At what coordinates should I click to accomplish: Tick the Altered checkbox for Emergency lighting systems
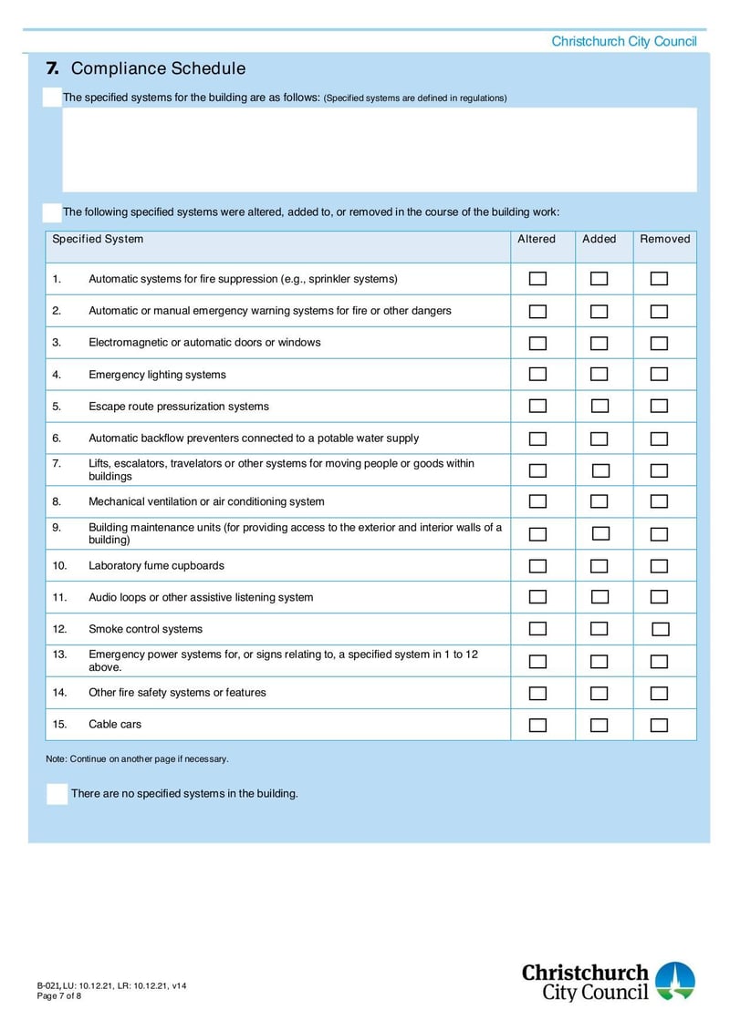pyautogui.click(x=538, y=375)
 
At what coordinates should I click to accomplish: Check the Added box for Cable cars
pyautogui.click(x=599, y=726)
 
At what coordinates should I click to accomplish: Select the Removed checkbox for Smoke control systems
pyautogui.click(x=660, y=630)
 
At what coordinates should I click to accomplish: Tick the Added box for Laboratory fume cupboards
pyautogui.click(x=599, y=566)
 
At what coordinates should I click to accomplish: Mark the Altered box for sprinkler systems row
pyautogui.click(x=538, y=279)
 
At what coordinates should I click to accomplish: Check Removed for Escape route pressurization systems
pyautogui.click(x=659, y=407)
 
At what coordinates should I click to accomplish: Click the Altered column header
pyautogui.click(x=537, y=240)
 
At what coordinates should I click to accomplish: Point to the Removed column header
pyautogui.click(x=664, y=240)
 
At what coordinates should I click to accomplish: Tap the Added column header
pyautogui.click(x=600, y=240)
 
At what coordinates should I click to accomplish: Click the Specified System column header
pyautogui.click(x=98, y=240)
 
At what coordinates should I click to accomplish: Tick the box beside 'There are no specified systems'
pyautogui.click(x=57, y=793)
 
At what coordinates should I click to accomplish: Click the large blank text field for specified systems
pyautogui.click(x=379, y=150)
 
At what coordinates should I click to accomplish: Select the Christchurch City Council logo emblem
pyautogui.click(x=675, y=981)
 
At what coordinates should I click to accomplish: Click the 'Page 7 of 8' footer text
pyautogui.click(x=59, y=996)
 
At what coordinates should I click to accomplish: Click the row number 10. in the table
pyautogui.click(x=60, y=566)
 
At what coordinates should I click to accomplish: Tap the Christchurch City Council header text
pyautogui.click(x=623, y=42)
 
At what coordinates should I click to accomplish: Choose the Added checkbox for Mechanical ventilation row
pyautogui.click(x=599, y=502)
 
